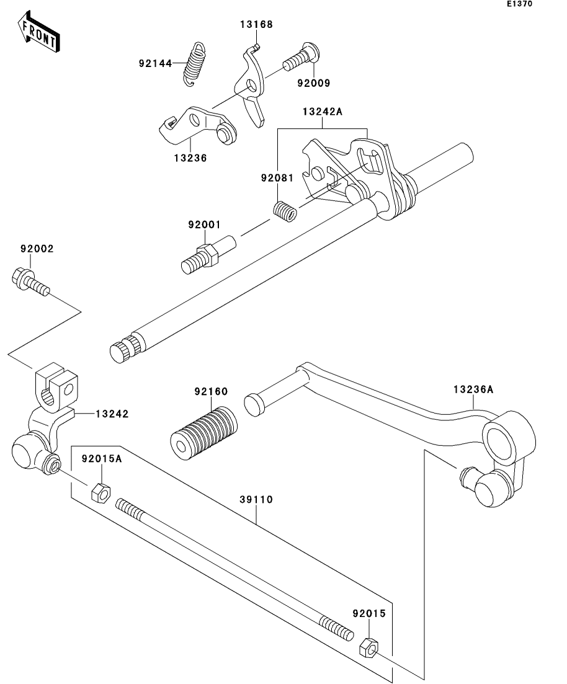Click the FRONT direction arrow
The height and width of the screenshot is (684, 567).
(x=38, y=32)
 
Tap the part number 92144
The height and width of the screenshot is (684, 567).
(x=155, y=64)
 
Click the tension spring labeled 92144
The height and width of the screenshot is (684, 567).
(x=194, y=64)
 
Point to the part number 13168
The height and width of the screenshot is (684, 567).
(x=256, y=24)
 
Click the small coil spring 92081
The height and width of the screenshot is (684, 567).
(x=285, y=210)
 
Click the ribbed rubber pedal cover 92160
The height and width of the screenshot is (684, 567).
(x=204, y=433)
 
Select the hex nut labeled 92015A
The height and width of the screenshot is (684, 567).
(x=100, y=492)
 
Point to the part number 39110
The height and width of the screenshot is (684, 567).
(x=256, y=499)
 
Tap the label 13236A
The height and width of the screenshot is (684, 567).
(x=473, y=389)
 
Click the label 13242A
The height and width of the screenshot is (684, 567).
(x=323, y=112)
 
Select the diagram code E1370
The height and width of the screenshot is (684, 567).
(x=519, y=4)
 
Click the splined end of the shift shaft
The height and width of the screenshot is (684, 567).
(x=125, y=349)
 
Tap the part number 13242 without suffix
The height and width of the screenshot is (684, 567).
(x=112, y=414)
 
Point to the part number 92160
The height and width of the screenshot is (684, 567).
(x=212, y=391)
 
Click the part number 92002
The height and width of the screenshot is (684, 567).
(x=37, y=249)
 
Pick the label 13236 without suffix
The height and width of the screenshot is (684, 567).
(x=190, y=158)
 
